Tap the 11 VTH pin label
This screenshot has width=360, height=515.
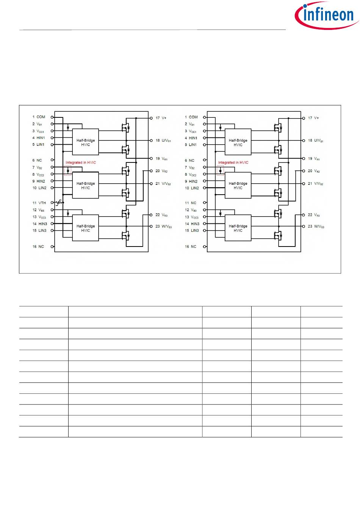click(39, 203)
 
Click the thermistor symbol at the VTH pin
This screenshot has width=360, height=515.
click(59, 203)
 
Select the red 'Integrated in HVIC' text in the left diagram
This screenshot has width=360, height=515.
click(81, 162)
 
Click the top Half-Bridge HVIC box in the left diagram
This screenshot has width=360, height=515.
click(86, 142)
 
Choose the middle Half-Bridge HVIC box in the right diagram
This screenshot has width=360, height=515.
click(238, 186)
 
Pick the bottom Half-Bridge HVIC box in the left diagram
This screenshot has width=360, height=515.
click(86, 228)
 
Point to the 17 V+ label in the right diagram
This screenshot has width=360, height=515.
click(313, 118)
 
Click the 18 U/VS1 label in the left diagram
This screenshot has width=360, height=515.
click(163, 140)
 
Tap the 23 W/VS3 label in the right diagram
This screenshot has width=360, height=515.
click(316, 226)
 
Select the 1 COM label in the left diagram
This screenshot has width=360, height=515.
click(39, 117)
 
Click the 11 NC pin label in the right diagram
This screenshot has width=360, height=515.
click(191, 203)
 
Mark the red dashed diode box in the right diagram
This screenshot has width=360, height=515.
click(220, 171)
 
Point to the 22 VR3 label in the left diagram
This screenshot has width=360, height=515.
click(161, 215)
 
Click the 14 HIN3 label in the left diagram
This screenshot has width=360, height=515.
click(40, 224)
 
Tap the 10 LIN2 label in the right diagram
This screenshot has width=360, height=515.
click(192, 188)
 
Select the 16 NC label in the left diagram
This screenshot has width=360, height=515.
click(38, 247)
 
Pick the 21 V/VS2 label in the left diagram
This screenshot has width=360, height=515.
click(163, 184)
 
